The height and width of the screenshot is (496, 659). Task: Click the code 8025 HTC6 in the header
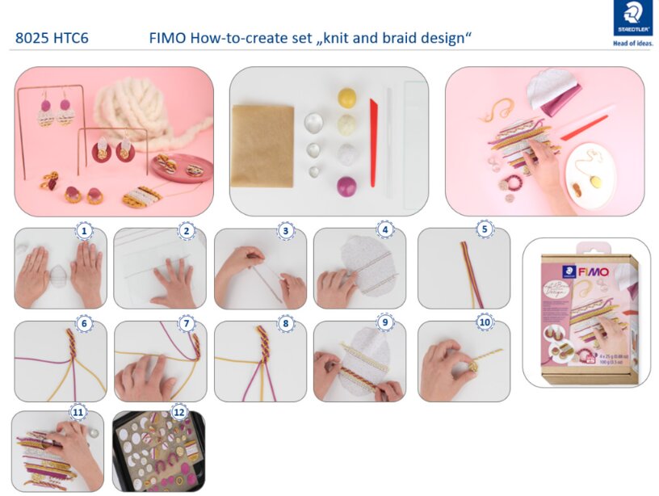pyautogui.click(x=52, y=38)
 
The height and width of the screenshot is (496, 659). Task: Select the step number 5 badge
pyautogui.click(x=485, y=229)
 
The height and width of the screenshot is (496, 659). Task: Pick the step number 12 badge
pyautogui.click(x=178, y=413)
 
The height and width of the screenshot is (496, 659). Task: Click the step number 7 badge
pyautogui.click(x=188, y=322)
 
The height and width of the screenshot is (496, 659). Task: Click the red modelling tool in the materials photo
pyautogui.click(x=374, y=141)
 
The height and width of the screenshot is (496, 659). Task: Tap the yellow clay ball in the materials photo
pyautogui.click(x=347, y=98)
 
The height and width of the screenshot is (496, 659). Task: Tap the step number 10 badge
pyautogui.click(x=485, y=322)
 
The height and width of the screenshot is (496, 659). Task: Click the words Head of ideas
pyautogui.click(x=633, y=44)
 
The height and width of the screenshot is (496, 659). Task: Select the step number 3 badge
pyautogui.click(x=285, y=231)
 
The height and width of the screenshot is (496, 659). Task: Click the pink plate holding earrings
pyautogui.click(x=183, y=167)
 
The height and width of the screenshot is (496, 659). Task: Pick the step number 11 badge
pyautogui.click(x=78, y=412)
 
